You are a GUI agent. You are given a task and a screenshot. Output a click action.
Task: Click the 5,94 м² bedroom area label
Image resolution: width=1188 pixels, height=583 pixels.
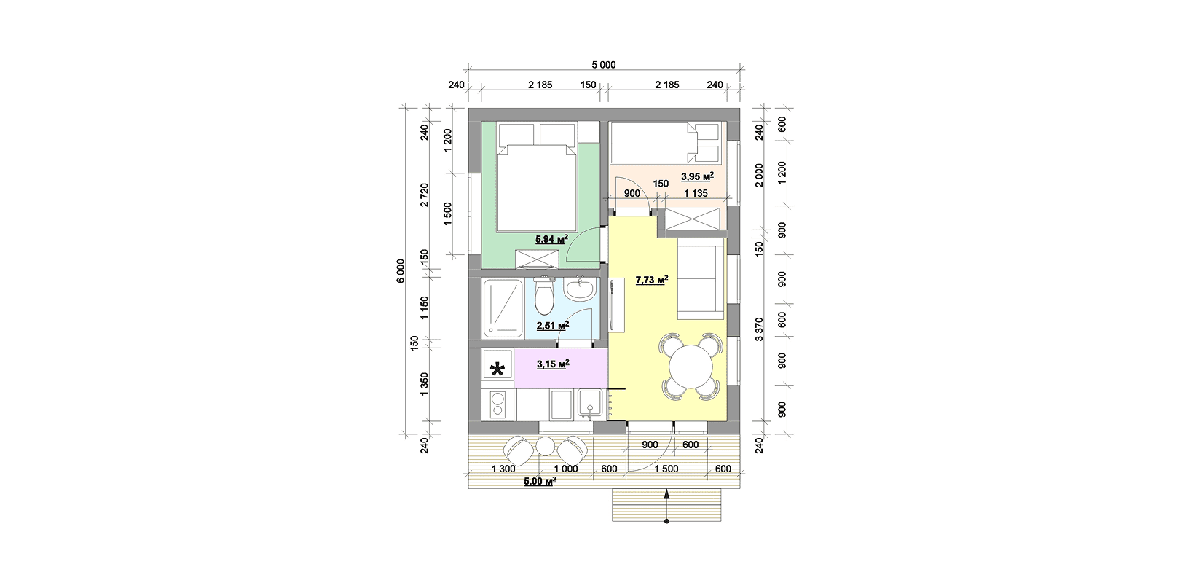tap(551, 239)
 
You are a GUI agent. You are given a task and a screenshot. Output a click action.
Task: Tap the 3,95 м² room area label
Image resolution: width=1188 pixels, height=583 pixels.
tap(697, 176)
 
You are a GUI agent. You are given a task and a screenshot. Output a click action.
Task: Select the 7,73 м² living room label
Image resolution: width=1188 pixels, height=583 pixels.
tap(652, 280)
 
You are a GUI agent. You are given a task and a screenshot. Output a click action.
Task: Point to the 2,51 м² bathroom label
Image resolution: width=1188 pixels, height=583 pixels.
tap(553, 325)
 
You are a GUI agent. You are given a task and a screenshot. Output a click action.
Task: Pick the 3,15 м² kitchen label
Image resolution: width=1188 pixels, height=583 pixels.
tap(553, 364)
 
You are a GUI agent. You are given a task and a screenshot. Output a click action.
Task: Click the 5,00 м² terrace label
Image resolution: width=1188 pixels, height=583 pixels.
tap(540, 481)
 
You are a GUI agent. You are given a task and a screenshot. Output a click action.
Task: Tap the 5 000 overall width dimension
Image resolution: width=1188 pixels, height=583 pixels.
tap(604, 65)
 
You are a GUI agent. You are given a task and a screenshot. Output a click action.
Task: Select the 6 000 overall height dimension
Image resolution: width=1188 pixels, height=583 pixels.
tap(401, 270)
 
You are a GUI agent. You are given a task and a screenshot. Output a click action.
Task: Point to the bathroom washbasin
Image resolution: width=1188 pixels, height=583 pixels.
tap(580, 289)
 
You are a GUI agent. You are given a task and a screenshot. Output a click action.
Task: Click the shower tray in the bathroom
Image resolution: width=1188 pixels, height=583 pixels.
tap(503, 308)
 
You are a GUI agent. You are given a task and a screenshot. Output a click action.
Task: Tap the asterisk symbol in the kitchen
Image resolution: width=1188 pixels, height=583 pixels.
tap(497, 369)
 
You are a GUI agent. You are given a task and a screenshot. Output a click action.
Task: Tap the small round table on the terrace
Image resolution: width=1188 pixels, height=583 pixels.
tap(545, 447)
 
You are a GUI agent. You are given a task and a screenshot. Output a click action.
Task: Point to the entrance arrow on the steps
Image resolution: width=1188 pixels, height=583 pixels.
tap(666, 506)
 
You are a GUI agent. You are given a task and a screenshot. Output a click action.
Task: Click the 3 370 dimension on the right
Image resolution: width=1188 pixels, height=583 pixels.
tap(759, 329)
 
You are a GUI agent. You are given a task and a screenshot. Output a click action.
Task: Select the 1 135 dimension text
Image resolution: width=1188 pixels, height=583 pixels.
tap(696, 194)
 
